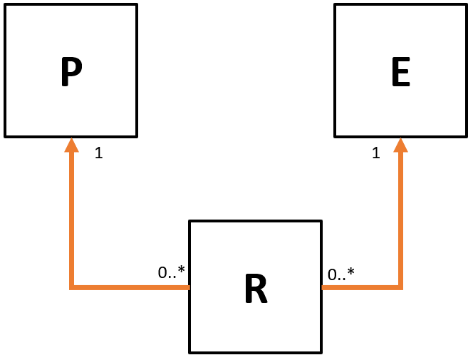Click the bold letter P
tap(71, 71)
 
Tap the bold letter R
tap(256, 288)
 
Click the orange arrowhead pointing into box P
tap(71, 145)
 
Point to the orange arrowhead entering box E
tap(401, 145)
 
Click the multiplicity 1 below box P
tap(98, 153)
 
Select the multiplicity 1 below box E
tap(375, 153)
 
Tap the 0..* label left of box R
tap(171, 272)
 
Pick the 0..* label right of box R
tap(341, 273)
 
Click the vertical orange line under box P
tap(71, 214)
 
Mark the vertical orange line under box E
tap(401, 214)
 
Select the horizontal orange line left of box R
tap(128, 287)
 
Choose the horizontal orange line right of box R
tap(362, 287)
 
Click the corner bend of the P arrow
tap(71, 287)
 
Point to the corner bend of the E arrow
tap(401, 287)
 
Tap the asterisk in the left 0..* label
tap(181, 269)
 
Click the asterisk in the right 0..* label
tap(350, 271)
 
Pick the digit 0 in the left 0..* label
tap(162, 272)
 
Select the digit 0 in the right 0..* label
tap(332, 274)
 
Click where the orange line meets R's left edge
tap(189, 287)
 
